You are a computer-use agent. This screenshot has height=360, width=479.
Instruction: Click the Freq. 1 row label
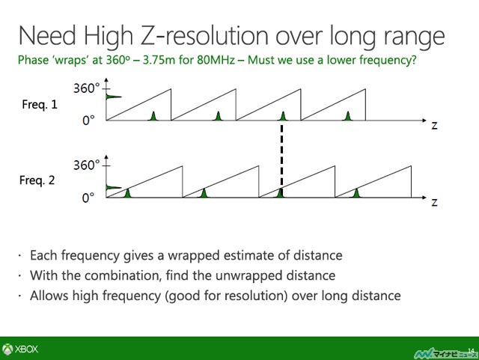pyautogui.click(x=40, y=105)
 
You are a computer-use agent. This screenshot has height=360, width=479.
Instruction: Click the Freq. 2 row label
pyautogui.click(x=37, y=180)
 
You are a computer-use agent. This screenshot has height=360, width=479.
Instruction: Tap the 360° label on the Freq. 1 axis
pyautogui.click(x=87, y=88)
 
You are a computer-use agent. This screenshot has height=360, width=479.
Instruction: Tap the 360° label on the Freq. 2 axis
pyautogui.click(x=87, y=165)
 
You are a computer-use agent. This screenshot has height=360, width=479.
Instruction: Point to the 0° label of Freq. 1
pyautogui.click(x=88, y=120)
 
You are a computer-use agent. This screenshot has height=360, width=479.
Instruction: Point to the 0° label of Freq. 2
pyautogui.click(x=88, y=198)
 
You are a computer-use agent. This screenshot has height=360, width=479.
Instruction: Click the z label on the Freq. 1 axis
pyautogui.click(x=434, y=125)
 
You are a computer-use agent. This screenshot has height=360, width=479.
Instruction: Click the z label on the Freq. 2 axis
pyautogui.click(x=434, y=202)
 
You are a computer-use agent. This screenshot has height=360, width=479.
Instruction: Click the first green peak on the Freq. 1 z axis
pyautogui.click(x=153, y=116)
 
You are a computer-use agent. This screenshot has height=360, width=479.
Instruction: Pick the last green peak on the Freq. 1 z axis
pyautogui.click(x=347, y=116)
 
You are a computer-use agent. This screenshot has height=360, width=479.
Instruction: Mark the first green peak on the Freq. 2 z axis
pyautogui.click(x=128, y=193)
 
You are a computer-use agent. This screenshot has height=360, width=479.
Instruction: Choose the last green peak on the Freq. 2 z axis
pyautogui.click(x=356, y=193)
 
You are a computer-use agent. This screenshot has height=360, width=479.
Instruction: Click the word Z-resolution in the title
pyautogui.click(x=205, y=36)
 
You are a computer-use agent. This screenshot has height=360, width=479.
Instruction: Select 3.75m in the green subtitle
pyautogui.click(x=159, y=60)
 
